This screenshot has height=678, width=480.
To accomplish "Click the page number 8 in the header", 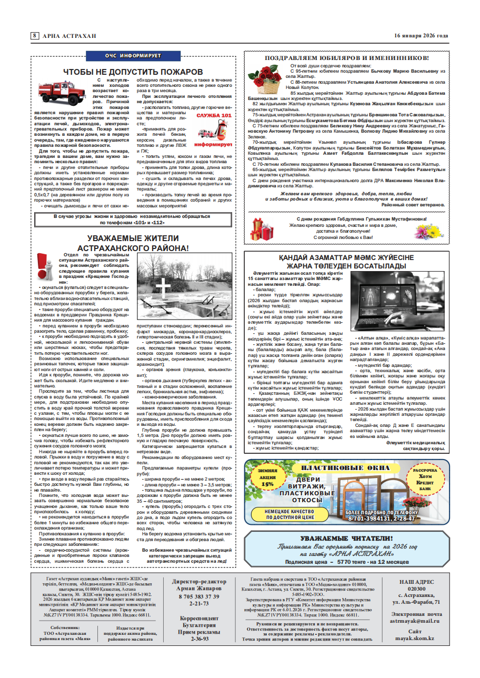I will [34, 36].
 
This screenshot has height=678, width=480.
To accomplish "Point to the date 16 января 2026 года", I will [421, 36].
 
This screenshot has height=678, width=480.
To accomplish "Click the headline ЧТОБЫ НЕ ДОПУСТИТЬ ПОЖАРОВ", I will [133, 72].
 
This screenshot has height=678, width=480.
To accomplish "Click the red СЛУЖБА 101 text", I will [213, 115].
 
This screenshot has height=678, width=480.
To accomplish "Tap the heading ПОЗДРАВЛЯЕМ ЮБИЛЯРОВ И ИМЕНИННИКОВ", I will [346, 58].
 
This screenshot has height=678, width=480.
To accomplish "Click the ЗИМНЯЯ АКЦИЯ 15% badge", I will [267, 480].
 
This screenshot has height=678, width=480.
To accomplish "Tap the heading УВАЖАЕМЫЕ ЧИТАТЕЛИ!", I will [346, 539].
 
